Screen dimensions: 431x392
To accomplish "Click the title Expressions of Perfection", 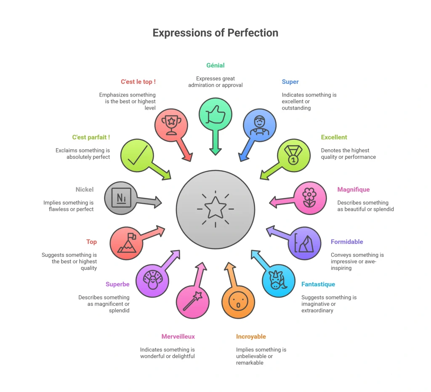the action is click(x=215, y=33).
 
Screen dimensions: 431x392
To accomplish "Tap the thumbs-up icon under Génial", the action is click(x=215, y=115).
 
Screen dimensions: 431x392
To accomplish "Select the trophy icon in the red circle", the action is click(x=171, y=125).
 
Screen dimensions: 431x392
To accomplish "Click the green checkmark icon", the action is click(x=138, y=155).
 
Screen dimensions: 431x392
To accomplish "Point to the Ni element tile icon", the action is click(x=121, y=197).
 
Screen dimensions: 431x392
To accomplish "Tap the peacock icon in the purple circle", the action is click(x=152, y=280).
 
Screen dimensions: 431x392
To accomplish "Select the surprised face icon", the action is click(x=238, y=301).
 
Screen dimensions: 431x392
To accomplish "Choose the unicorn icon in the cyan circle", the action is click(x=278, y=280).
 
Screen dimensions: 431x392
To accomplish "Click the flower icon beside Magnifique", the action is click(x=309, y=197).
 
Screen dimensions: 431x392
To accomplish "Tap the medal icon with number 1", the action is click(x=293, y=155).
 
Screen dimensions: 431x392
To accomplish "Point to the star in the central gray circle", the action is click(x=215, y=208).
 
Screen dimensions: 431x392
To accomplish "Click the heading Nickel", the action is click(x=84, y=189).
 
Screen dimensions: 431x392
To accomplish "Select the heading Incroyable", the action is click(x=251, y=336).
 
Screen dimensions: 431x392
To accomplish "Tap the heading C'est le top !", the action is click(x=138, y=82).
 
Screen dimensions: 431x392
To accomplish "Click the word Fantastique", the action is click(x=318, y=284).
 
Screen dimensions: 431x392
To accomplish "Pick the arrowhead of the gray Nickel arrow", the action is click(x=158, y=203).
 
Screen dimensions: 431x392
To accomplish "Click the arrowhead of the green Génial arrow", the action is click(x=215, y=152).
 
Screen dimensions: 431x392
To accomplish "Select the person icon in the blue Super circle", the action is click(x=259, y=125).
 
